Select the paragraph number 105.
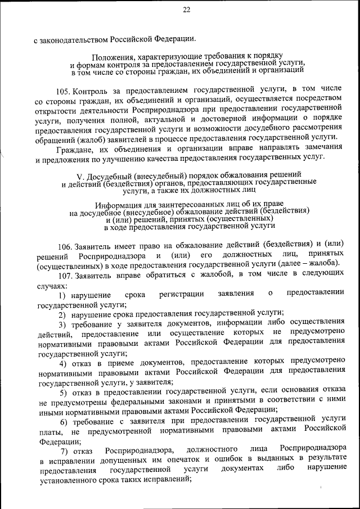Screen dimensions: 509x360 coord(64,91)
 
